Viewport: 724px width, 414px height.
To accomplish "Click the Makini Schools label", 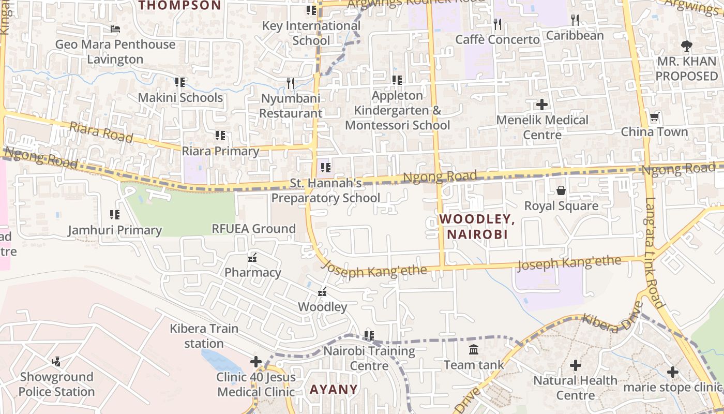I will (180, 97).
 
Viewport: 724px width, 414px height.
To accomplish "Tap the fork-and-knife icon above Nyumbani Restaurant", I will (290, 83).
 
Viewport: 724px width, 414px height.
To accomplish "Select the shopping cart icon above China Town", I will (654, 117).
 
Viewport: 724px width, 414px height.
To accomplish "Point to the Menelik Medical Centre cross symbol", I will (542, 105).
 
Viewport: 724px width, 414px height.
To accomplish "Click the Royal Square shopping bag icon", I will (561, 191).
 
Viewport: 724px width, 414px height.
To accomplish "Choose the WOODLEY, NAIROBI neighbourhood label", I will (477, 227).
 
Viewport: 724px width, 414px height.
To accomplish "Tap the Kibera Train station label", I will (204, 336).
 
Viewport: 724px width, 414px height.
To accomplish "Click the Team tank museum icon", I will (474, 350).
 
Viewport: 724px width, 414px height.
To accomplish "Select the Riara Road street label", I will (101, 132).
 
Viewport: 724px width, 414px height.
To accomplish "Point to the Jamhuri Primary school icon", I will (115, 214).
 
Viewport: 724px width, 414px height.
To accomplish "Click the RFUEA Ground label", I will (253, 229).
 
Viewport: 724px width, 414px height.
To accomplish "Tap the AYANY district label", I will (334, 389).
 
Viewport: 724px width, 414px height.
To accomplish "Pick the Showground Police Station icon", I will (56, 362).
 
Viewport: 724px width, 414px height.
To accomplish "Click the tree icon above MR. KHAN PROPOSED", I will (686, 46).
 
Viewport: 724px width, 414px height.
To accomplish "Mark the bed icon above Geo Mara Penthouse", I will (115, 29).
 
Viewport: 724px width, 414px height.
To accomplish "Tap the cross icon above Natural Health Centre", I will (576, 366).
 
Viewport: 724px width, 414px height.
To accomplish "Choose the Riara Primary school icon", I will (220, 136).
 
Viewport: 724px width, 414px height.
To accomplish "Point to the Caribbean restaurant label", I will (575, 35).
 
